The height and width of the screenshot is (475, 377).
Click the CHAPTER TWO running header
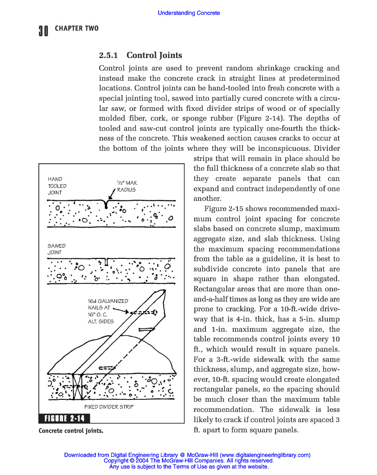pyautogui.click(x=77, y=29)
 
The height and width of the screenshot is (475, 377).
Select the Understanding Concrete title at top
pyautogui.click(x=189, y=13)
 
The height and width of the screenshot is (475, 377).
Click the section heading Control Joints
pyautogui.click(x=154, y=56)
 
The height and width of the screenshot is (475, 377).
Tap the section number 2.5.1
pyautogui.click(x=109, y=56)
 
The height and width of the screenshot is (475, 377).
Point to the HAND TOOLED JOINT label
pyautogui.click(x=57, y=186)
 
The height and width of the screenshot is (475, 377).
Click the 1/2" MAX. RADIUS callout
pyautogui.click(x=127, y=186)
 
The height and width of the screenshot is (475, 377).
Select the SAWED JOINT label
pyautogui.click(x=57, y=249)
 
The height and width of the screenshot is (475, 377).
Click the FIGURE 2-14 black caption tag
pyautogui.click(x=64, y=419)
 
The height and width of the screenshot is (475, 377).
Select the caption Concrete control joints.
pyautogui.click(x=71, y=430)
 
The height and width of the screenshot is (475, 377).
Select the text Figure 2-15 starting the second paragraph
pyautogui.click(x=224, y=209)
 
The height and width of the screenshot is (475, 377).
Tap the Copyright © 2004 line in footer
pyautogui.click(x=189, y=461)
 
